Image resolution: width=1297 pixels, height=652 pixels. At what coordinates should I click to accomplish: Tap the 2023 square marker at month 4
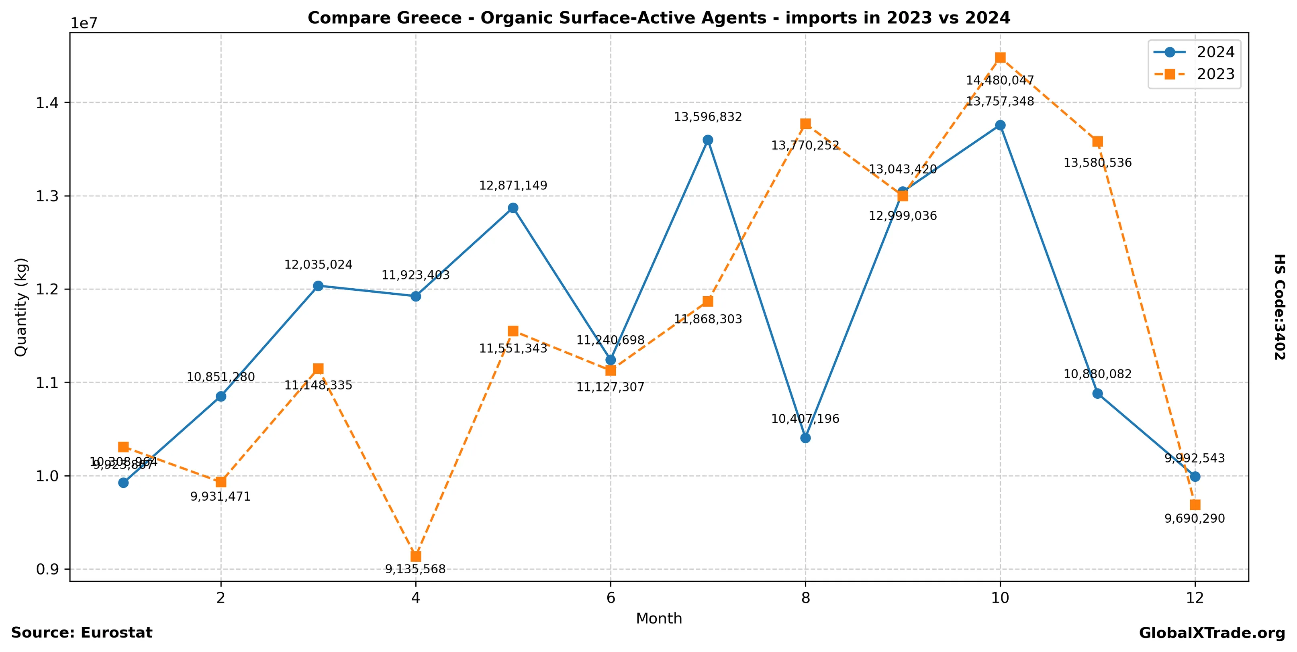pos(415,556)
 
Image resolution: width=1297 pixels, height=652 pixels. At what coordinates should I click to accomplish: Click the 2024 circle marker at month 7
pos(708,140)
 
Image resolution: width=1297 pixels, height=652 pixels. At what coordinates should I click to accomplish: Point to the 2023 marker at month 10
pos(1001,58)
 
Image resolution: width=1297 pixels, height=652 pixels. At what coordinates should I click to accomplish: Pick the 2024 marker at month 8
pos(806,438)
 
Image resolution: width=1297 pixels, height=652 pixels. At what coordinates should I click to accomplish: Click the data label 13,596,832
pos(708,117)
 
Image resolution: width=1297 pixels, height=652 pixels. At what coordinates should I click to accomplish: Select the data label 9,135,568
pos(415,569)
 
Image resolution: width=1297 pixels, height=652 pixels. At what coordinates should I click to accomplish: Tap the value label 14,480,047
pos(1000,80)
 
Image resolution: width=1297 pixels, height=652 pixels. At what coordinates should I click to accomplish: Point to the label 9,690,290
pos(1195,519)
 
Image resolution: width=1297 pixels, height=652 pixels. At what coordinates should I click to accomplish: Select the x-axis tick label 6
pos(611,598)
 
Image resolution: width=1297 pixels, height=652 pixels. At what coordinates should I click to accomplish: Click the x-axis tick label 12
pos(1195,598)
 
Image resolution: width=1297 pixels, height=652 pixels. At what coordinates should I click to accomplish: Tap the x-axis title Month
pos(659,619)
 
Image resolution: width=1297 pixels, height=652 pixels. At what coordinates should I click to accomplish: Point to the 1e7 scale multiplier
pos(84,24)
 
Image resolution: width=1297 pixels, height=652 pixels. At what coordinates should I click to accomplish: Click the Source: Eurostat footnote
pos(82,633)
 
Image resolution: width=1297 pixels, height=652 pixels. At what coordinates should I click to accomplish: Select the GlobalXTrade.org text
pos(1212,634)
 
